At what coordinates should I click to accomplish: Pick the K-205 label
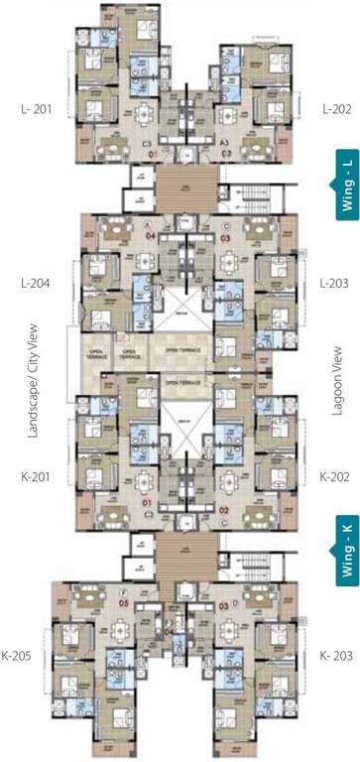(26, 656)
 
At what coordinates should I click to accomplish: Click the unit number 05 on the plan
(125, 602)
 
